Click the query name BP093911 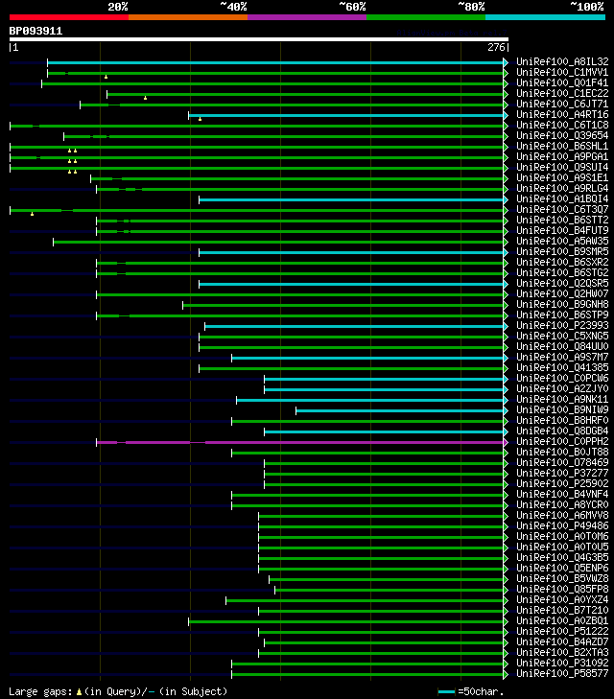(x=35, y=31)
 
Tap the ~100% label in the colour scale (x=586, y=7)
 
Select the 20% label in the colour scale (x=118, y=7)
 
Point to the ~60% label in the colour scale (x=352, y=7)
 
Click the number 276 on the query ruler (x=496, y=46)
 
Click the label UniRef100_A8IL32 (x=560, y=62)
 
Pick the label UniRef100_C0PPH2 (x=560, y=442)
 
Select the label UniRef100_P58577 (x=560, y=674)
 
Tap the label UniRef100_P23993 (x=560, y=326)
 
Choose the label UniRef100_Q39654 (x=560, y=136)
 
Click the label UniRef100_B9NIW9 (x=560, y=410)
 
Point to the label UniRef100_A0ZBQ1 (x=560, y=621)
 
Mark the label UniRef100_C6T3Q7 (x=560, y=210)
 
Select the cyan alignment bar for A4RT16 (x=345, y=115)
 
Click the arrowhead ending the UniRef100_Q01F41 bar (x=506, y=83)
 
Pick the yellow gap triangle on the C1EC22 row (x=145, y=98)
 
